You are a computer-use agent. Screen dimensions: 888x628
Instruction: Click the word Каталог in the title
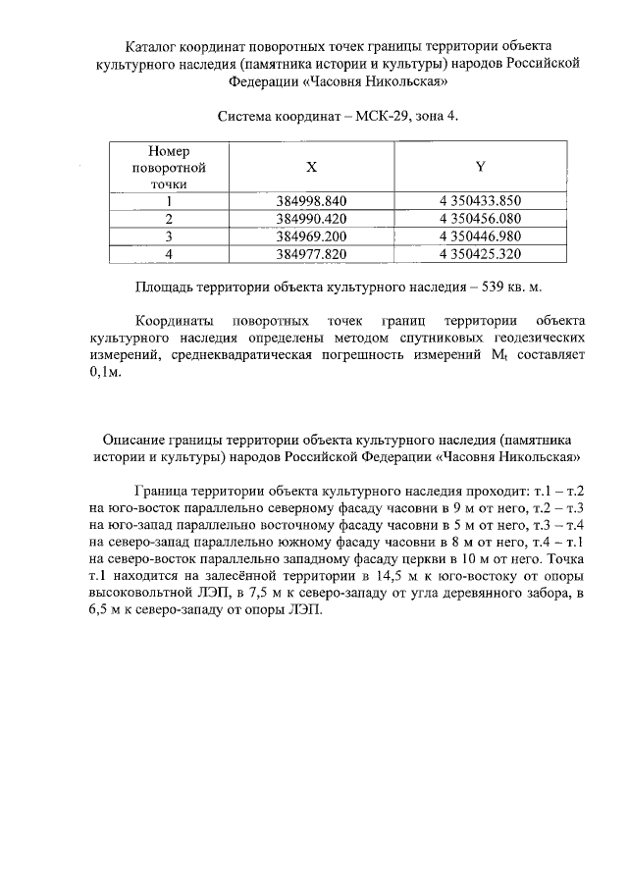(x=154, y=46)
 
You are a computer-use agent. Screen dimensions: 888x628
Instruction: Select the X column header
(x=311, y=168)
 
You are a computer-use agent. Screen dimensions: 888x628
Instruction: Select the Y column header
(x=480, y=168)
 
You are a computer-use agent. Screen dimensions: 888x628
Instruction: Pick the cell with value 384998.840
(x=312, y=201)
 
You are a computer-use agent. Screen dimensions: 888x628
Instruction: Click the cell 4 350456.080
(x=480, y=219)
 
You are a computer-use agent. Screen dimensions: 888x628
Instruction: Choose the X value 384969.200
(x=312, y=236)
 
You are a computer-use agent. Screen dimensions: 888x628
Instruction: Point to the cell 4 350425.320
(x=480, y=254)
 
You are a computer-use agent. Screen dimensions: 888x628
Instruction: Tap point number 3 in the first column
(x=169, y=236)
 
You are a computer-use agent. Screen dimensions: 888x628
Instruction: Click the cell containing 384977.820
(x=312, y=254)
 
